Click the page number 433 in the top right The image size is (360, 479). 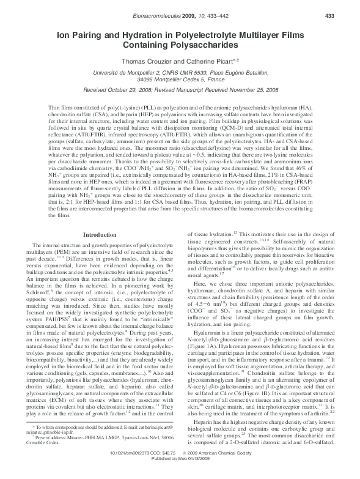346,16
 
